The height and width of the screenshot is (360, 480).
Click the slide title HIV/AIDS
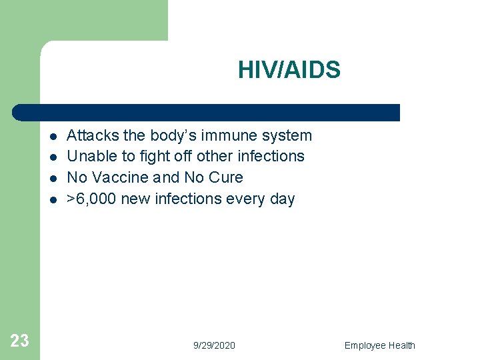tap(289, 70)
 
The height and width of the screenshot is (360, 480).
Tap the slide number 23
tap(20, 341)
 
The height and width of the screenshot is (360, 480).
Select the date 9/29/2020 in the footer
tap(214, 345)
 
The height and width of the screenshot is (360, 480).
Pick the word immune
tap(224, 135)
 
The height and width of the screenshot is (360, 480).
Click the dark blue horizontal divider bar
tap(207, 113)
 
